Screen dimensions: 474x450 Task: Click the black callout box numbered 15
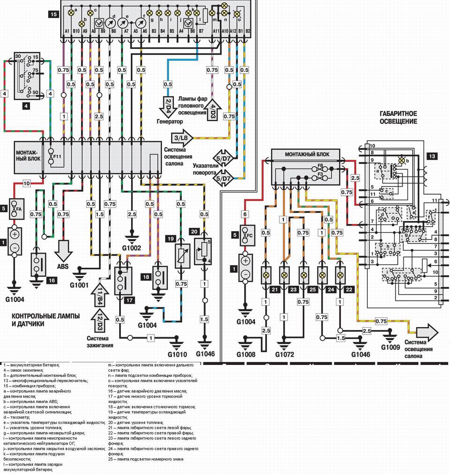[x=53, y=15]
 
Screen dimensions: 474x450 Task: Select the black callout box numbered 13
[x=431, y=156]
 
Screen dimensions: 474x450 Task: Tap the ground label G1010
[x=177, y=354]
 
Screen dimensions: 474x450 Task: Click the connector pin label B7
[x=201, y=31]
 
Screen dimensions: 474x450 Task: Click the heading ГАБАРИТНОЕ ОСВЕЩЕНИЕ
[x=399, y=117]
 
